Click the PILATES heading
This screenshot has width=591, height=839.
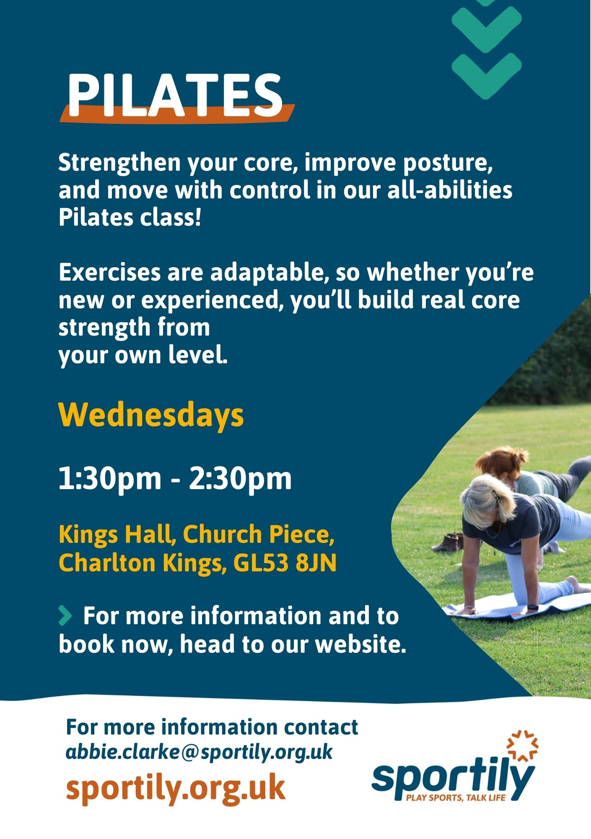point(176,96)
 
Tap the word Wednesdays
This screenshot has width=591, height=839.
point(151,415)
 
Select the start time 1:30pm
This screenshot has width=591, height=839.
point(110,479)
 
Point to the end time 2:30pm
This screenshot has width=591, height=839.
point(240,479)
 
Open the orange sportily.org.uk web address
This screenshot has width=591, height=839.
point(176,788)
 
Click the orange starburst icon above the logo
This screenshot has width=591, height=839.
point(522,745)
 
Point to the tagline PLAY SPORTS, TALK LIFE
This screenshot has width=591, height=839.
point(456,797)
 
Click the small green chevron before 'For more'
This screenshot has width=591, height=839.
point(65,615)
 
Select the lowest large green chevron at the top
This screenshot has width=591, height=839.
point(487,76)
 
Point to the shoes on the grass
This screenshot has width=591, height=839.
point(447,542)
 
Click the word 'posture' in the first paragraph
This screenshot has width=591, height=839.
point(447,164)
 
